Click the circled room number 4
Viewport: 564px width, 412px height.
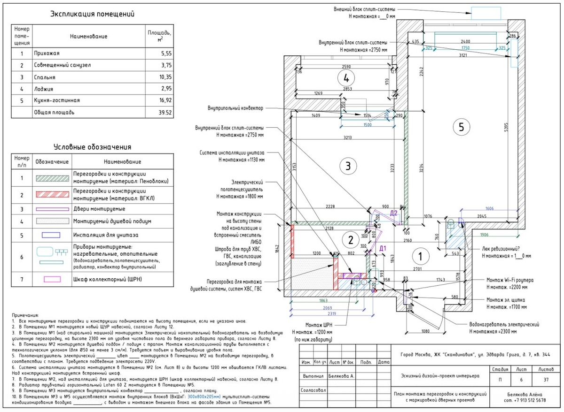346,77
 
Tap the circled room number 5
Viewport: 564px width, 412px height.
461,126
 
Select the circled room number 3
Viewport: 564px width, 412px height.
346,166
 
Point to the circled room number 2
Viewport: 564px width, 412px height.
350,240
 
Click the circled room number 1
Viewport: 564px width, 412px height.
420,256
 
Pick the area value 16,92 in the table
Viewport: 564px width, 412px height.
161,100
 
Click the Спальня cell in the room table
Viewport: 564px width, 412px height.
45,77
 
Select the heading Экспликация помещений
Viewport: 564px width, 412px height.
93,14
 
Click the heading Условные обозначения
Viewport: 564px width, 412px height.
92,147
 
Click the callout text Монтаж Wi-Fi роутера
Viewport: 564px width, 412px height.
510,280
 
